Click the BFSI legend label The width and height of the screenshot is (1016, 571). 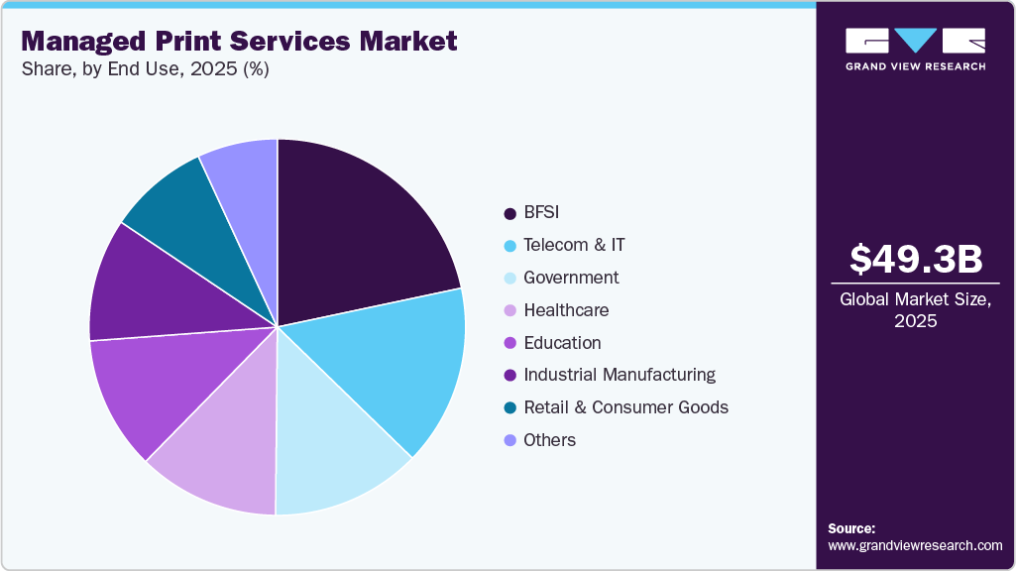point(542,212)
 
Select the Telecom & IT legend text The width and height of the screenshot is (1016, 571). point(574,245)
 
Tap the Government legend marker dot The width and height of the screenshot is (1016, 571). point(509,279)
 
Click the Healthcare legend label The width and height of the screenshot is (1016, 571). point(566,310)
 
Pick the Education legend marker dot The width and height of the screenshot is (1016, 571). point(509,343)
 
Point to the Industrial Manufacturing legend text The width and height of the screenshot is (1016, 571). point(620,375)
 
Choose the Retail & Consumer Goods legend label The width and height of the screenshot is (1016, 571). point(625,407)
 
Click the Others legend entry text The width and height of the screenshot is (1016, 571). point(549,440)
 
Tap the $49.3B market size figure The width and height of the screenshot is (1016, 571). point(916,259)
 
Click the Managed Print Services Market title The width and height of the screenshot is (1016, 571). point(239,41)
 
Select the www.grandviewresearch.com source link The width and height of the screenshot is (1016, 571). point(915,545)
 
